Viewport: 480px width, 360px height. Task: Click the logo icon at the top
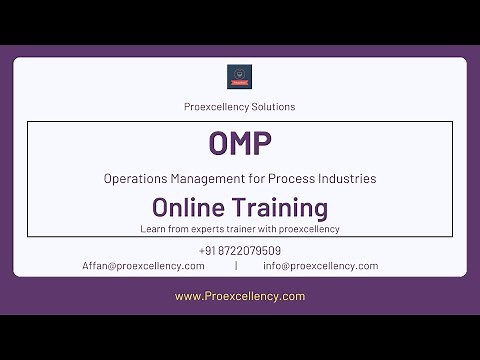click(240, 78)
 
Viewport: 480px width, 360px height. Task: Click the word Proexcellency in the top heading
click(219, 106)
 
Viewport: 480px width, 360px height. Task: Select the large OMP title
click(240, 144)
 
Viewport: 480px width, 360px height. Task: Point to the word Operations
click(132, 179)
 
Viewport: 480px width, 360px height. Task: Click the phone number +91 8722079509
click(240, 251)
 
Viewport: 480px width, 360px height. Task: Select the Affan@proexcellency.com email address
click(143, 266)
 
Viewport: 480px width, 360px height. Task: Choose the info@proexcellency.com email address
click(320, 266)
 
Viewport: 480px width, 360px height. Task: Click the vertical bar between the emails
click(236, 266)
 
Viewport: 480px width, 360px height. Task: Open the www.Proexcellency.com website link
click(240, 296)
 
